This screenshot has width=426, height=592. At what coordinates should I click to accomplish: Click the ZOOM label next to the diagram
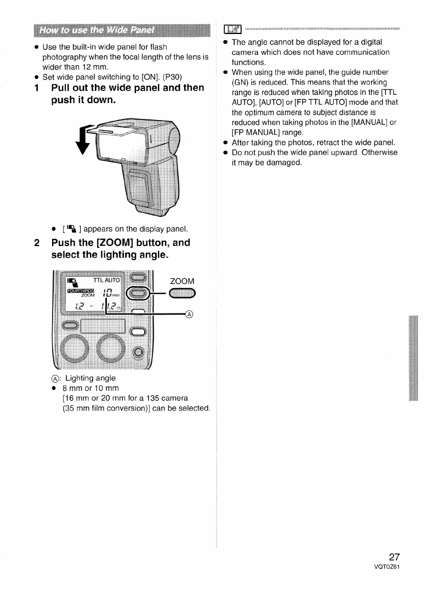point(182,281)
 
